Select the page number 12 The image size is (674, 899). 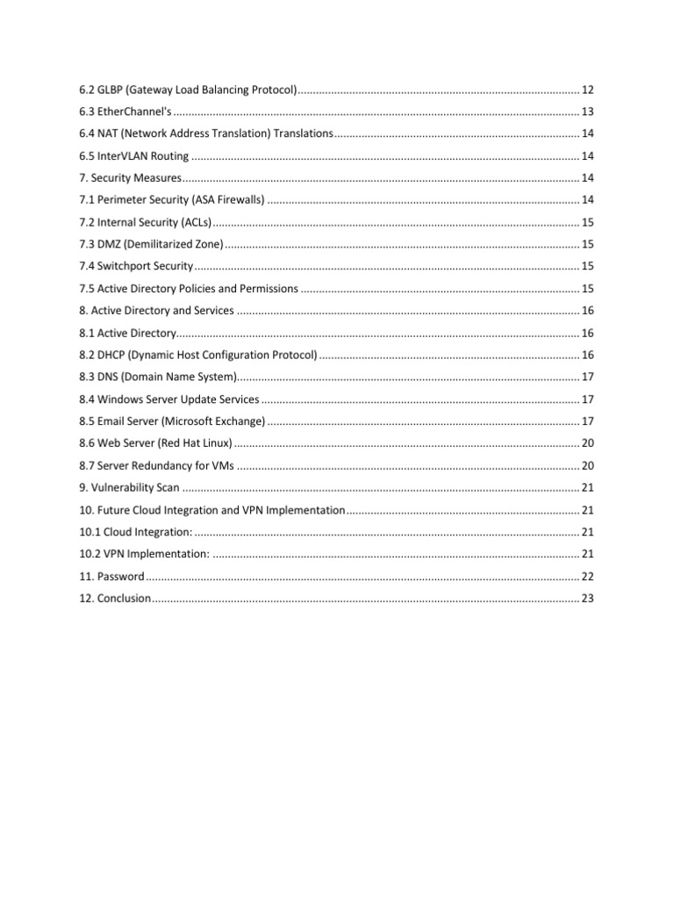[588, 90]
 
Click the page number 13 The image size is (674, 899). [588, 112]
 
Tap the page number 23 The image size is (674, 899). [588, 598]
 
